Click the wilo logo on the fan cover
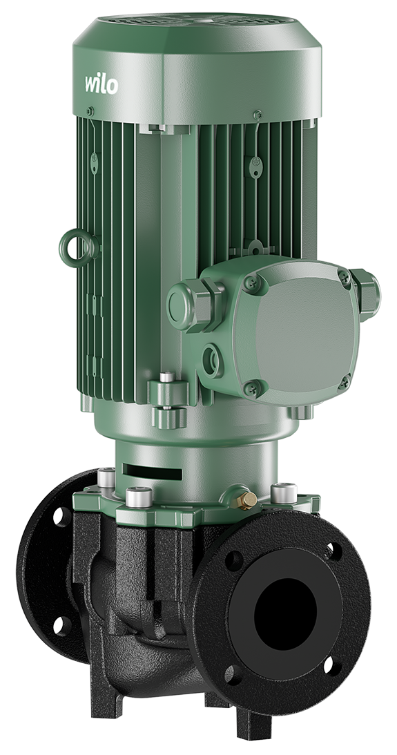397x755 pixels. tap(101, 84)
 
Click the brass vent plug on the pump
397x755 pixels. tap(247, 501)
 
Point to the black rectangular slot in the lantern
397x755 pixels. tap(152, 471)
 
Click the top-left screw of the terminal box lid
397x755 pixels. tap(253, 283)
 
